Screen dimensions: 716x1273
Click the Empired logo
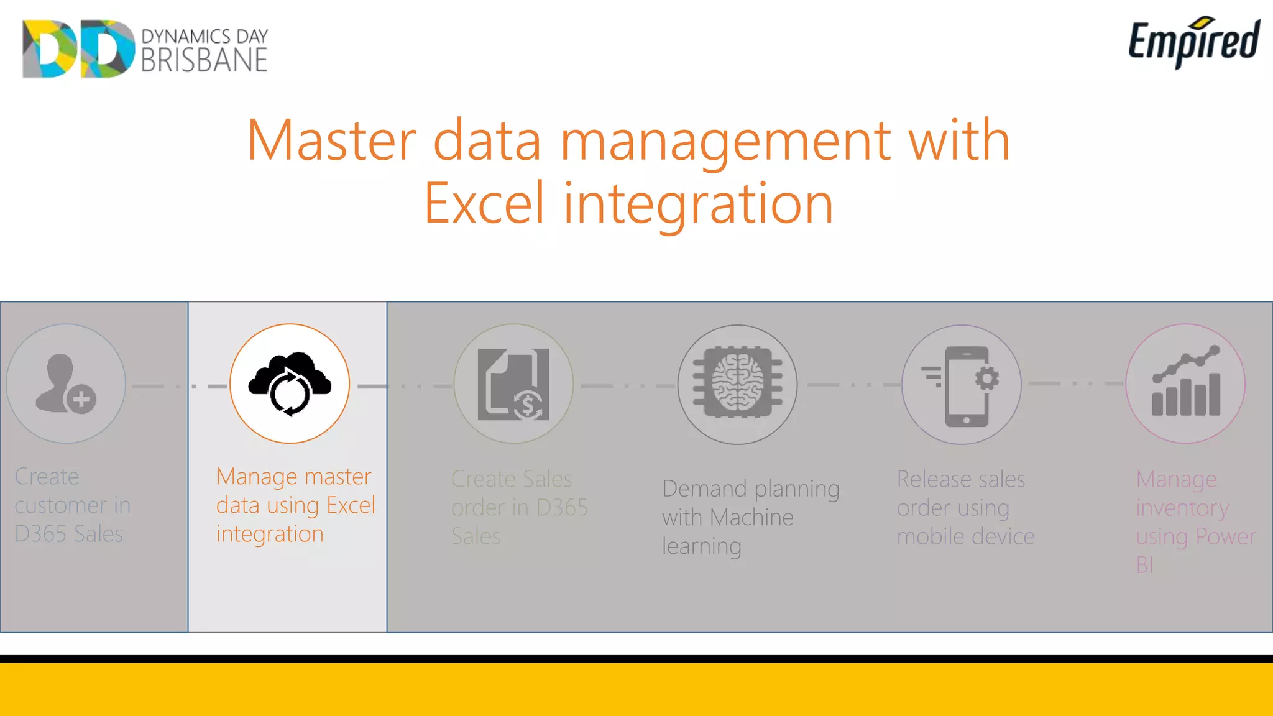tap(1193, 42)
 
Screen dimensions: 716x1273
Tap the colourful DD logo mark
tap(78, 48)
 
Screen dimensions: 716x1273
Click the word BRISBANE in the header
tap(205, 60)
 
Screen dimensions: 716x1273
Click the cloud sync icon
tap(290, 383)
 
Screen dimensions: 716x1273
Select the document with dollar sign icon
tap(513, 384)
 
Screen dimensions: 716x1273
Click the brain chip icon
tap(737, 384)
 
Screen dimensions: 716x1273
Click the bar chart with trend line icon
tap(1185, 383)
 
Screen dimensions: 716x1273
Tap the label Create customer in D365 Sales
tap(72, 505)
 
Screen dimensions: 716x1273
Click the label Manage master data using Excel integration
tap(295, 505)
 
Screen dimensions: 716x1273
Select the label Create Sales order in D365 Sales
tap(519, 508)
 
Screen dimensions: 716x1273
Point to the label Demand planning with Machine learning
tap(750, 517)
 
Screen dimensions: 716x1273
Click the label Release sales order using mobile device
tap(965, 508)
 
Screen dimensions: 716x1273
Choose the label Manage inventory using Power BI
tap(1195, 522)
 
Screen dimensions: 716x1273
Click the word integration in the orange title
tap(698, 203)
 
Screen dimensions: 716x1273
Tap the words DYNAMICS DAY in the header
tap(205, 36)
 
